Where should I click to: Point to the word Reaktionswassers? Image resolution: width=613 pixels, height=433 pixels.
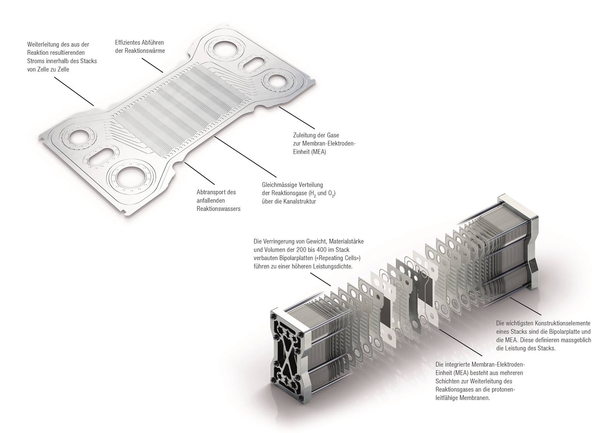pyautogui.click(x=218, y=209)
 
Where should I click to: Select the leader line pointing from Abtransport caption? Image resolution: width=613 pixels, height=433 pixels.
pyautogui.click(x=199, y=173)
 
